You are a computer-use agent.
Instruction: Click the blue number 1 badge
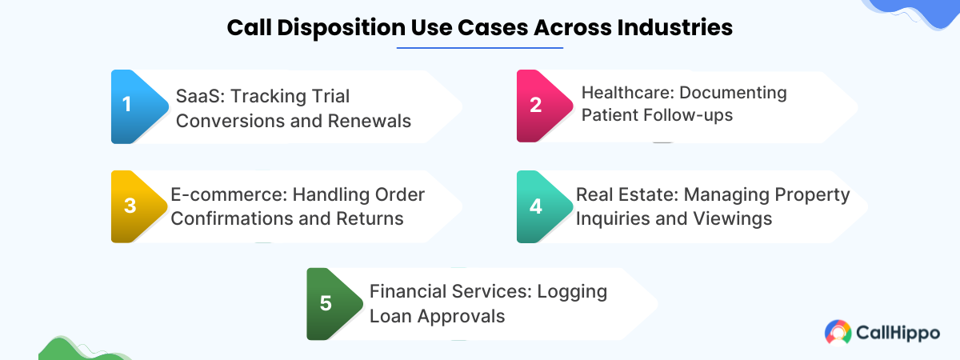click(x=126, y=106)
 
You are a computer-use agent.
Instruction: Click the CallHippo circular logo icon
click(x=838, y=333)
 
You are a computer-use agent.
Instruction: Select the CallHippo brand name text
click(x=898, y=333)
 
